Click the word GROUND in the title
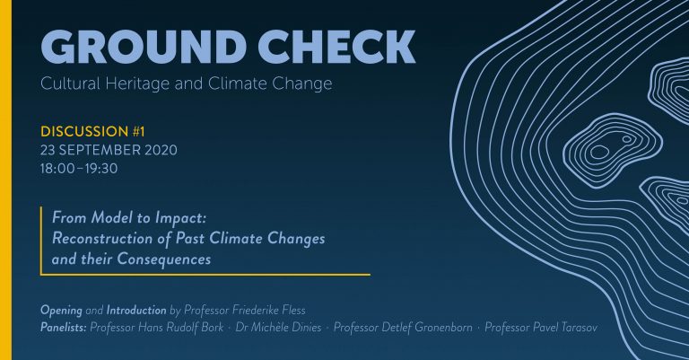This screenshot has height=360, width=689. tap(144, 47)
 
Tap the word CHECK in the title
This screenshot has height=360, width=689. tap(336, 47)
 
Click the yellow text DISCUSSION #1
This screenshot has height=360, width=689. tap(92, 131)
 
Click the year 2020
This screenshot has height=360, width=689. tap(160, 150)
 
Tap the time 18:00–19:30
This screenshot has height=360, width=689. tap(79, 169)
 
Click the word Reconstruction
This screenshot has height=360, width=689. tap(102, 238)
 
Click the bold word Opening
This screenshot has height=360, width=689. tap(61, 311)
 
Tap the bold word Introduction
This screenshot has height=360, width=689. tap(136, 310)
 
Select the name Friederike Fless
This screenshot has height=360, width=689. tap(268, 310)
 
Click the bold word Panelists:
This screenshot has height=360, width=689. tap(64, 328)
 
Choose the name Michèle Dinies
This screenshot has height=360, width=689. tap(283, 328)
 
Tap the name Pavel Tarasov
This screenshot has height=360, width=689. tap(565, 328)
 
